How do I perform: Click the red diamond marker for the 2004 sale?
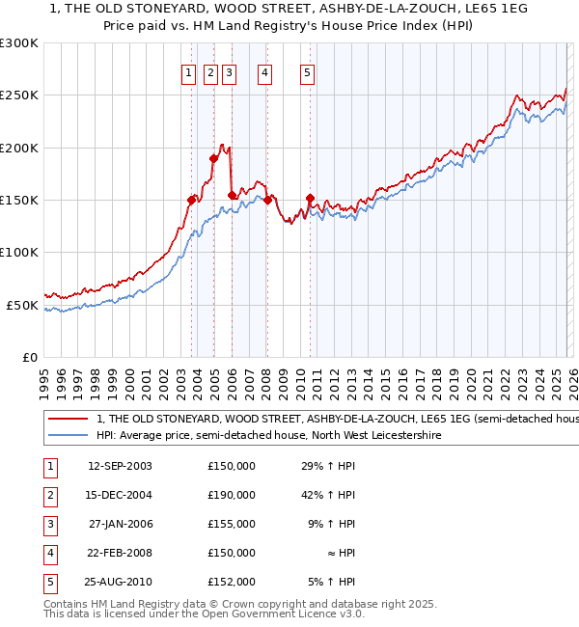click(x=213, y=158)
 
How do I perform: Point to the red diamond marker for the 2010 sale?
click(x=310, y=198)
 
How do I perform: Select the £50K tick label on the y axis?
click(x=23, y=305)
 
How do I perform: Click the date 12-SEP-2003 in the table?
click(x=120, y=466)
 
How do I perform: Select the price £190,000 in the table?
click(x=232, y=495)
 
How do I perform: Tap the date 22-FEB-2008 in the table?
click(x=120, y=553)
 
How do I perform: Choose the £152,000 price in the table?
click(x=232, y=582)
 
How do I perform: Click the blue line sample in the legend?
click(x=68, y=435)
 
